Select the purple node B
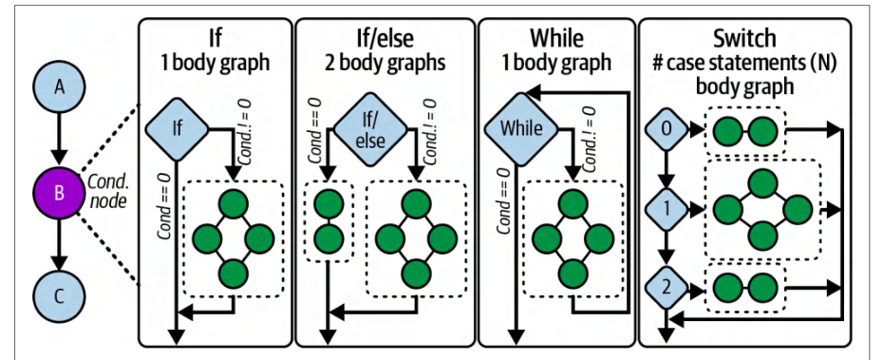tap(59, 192)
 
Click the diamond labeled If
tap(178, 129)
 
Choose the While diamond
tap(520, 129)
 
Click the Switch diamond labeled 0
tap(667, 130)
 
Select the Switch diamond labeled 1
tap(667, 210)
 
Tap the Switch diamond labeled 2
tap(667, 289)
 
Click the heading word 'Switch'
tap(744, 38)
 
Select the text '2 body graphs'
tap(385, 63)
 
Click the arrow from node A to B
tap(59, 139)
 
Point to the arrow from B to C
tap(59, 244)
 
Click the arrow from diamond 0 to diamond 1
tap(667, 170)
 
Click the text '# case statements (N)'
tap(744, 63)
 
